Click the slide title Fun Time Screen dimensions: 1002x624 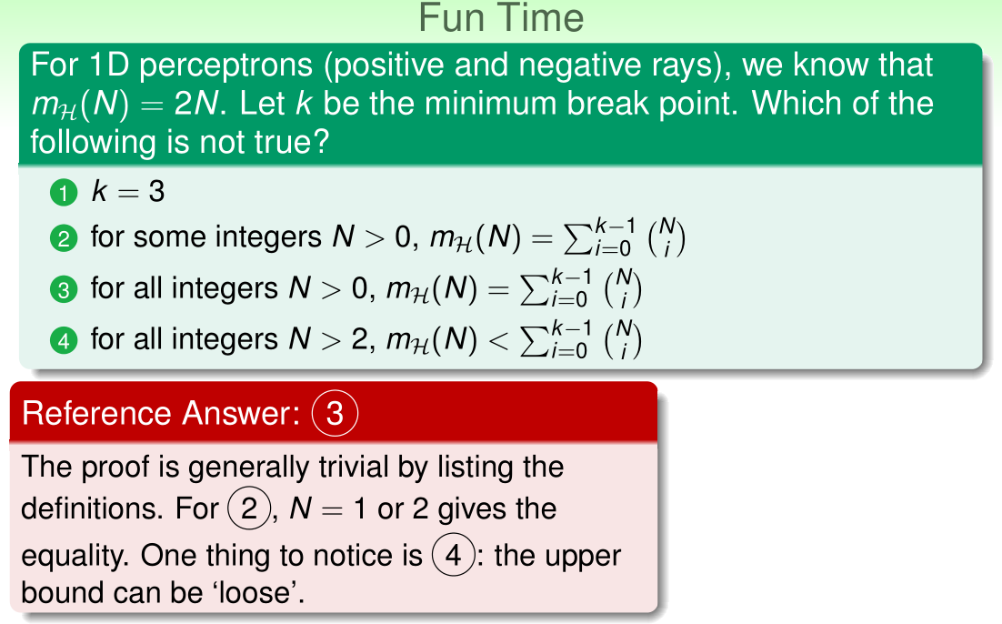coord(501,18)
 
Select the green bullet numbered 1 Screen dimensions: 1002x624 coord(64,193)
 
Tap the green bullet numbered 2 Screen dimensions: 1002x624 coord(64,238)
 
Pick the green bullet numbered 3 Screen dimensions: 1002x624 coord(64,289)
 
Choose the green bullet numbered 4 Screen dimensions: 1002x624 coord(64,340)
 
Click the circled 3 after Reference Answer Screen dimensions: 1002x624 coord(335,413)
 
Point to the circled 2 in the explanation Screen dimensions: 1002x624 coord(248,508)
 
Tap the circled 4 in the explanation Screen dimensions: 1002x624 coord(453,555)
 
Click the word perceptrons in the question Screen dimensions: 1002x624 coord(226,65)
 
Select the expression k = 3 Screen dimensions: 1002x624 coord(128,191)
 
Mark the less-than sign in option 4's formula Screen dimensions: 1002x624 coord(498,340)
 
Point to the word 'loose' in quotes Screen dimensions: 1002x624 coord(253,592)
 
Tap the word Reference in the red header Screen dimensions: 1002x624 coord(96,413)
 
